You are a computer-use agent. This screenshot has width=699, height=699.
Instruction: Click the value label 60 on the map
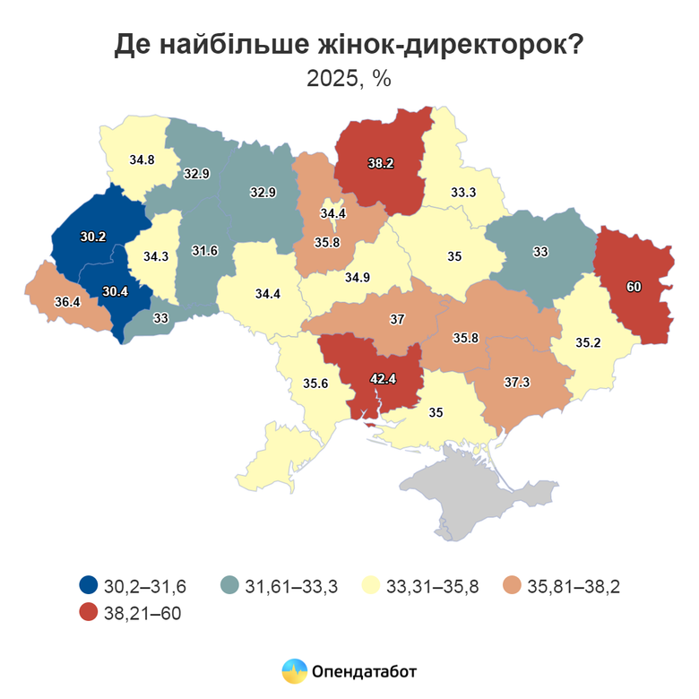tap(633, 288)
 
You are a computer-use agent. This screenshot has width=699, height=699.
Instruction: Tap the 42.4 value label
tap(384, 379)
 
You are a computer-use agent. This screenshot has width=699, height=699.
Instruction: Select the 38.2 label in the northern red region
tap(380, 164)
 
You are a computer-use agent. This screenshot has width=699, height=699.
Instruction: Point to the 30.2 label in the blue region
tap(93, 237)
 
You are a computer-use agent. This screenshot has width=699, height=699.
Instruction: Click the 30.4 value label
tap(115, 291)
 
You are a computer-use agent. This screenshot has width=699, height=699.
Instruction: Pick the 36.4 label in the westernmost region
tap(67, 302)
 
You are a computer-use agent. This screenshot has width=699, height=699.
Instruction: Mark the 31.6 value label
tap(205, 253)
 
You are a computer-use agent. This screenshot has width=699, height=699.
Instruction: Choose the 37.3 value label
tap(516, 383)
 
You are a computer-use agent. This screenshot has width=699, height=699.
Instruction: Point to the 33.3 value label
tap(462, 192)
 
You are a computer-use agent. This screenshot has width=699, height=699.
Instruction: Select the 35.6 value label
tap(315, 384)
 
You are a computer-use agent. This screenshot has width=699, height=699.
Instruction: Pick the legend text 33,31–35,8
tap(433, 587)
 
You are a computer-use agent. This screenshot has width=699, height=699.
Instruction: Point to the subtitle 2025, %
tap(349, 78)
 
